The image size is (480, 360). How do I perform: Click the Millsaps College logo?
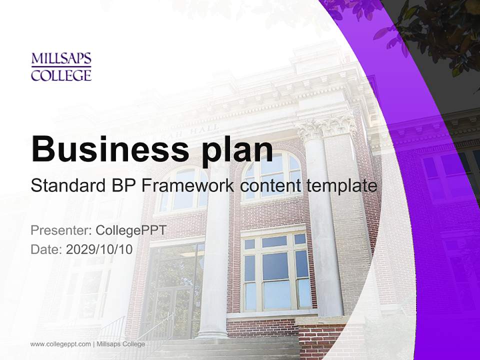point(61,67)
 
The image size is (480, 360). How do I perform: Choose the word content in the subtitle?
point(270,185)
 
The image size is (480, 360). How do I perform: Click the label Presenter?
point(60,230)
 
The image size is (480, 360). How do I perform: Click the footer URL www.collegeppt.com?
point(60,344)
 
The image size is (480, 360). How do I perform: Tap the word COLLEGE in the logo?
point(61,75)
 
